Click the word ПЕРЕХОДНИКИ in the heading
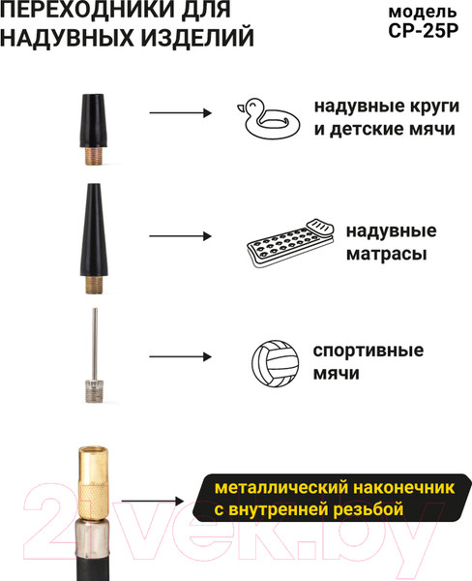coord(87,10)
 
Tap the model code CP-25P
coord(423,31)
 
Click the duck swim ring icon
coord(268,118)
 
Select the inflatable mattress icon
coord(290,243)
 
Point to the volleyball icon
coord(276,363)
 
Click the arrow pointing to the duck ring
coord(180,112)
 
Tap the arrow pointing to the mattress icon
coord(180,236)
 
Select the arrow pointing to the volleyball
coord(180,356)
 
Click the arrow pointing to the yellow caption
coord(153,502)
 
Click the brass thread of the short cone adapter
coord(94,156)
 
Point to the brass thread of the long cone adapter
coord(94,285)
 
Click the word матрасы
coord(387,254)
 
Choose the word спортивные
coord(369,351)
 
